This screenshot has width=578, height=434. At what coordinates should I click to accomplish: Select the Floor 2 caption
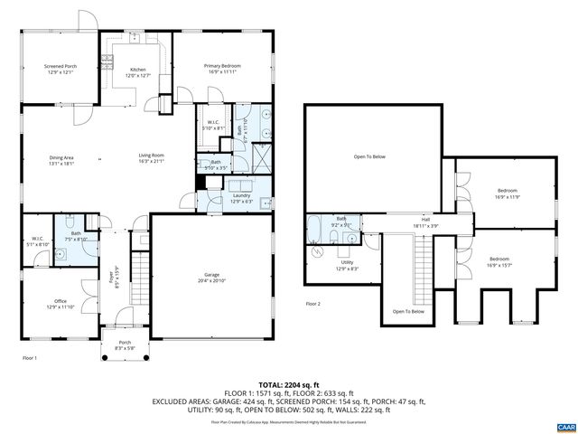[313, 303]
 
